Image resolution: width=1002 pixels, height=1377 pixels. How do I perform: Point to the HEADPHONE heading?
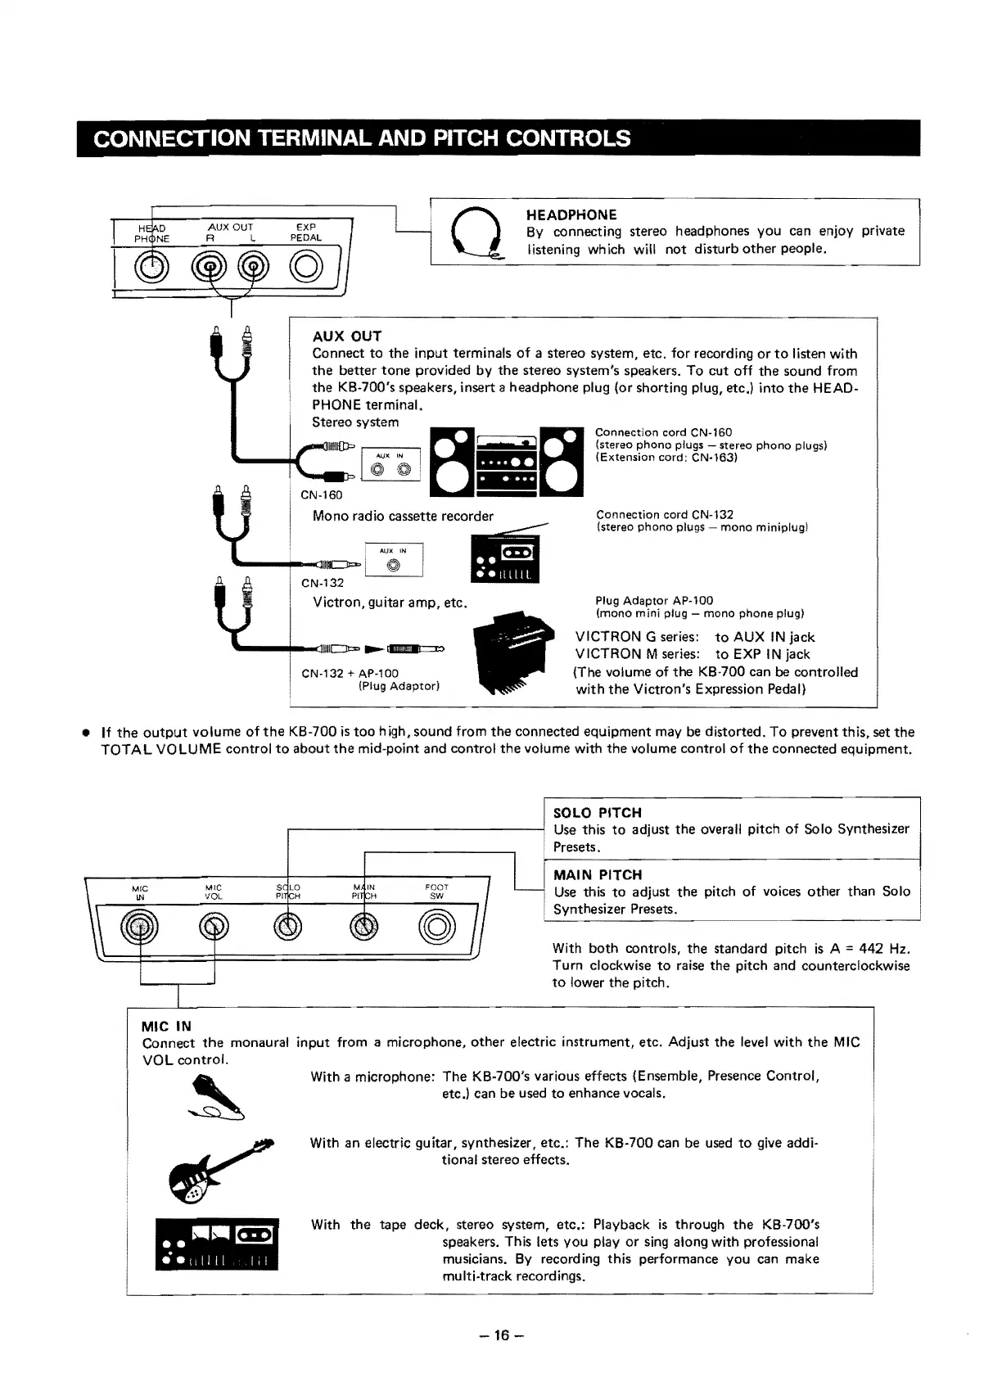pos(571,214)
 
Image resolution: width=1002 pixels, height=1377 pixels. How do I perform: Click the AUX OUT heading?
pos(347,336)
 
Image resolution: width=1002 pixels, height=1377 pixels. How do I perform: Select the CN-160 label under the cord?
pos(322,494)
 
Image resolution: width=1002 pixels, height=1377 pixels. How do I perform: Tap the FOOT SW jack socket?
pos(437,928)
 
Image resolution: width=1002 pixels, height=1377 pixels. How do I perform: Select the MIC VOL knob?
pos(214,928)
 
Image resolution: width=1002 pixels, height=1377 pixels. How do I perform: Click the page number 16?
pos(501,1336)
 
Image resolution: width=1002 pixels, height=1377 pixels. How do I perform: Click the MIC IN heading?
pos(166,1026)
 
